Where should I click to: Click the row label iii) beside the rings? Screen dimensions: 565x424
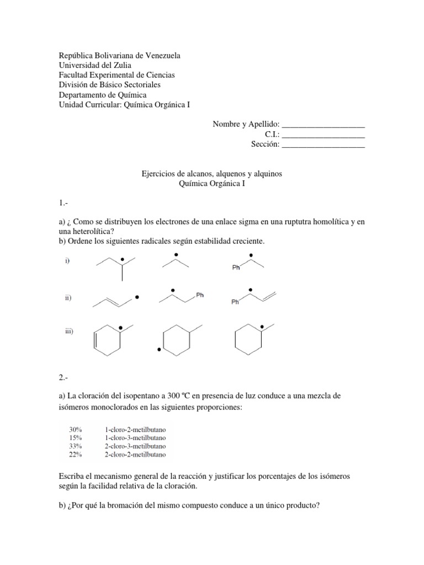pos(69,331)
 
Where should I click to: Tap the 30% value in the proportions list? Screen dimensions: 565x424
pos(76,429)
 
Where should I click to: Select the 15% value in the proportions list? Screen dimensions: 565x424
pos(76,438)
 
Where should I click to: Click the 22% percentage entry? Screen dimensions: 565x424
pos(76,455)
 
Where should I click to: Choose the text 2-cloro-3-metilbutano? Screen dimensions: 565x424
pos(135,446)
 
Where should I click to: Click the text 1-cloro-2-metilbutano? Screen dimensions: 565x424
pos(135,429)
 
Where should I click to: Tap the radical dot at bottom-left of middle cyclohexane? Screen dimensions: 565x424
pos(159,349)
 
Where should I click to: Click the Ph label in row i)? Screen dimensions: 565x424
pos(236,269)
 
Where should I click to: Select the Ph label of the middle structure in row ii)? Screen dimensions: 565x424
pos(200,295)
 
